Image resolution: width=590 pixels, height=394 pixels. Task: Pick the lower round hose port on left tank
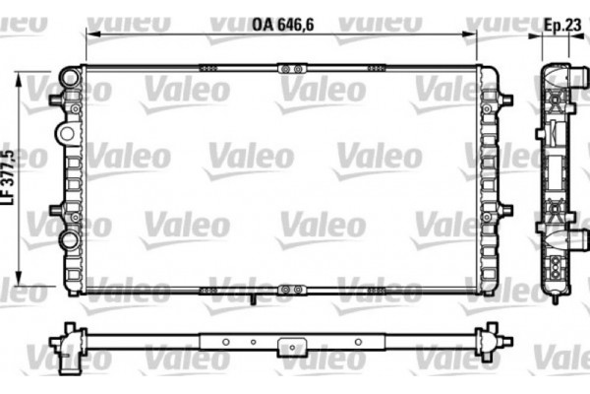click(x=68, y=238)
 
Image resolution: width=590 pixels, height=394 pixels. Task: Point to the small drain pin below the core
click(x=253, y=299)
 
